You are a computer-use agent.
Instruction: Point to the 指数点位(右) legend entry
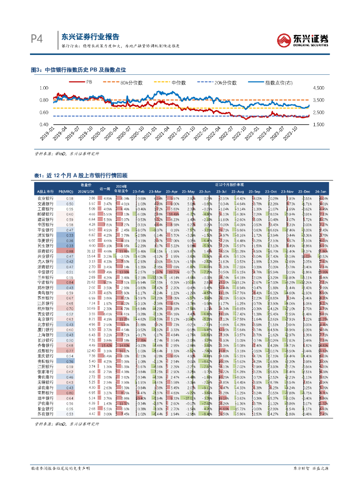pyautogui.click(x=277, y=82)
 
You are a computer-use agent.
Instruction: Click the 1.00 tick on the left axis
pyautogui.click(x=44, y=88)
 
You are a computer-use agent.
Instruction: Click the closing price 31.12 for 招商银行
pyautogui.click(x=93, y=251)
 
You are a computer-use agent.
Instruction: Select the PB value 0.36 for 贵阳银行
pyautogui.click(x=70, y=361)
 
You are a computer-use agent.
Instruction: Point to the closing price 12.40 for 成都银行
pyautogui.click(x=93, y=350)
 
